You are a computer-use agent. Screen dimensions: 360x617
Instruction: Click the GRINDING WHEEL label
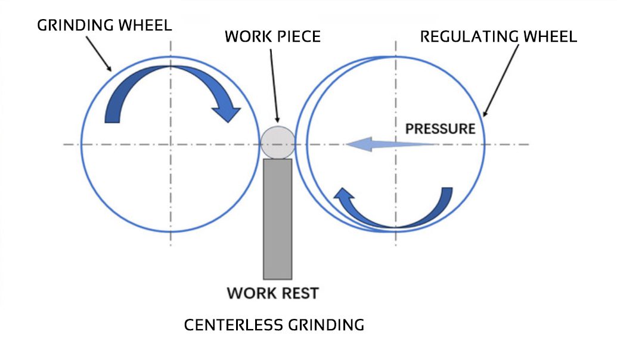click(104, 25)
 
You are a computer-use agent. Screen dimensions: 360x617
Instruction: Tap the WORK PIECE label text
click(272, 36)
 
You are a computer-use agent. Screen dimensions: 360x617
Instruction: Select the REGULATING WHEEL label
click(498, 36)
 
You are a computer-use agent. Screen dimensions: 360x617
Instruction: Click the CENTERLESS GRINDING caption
click(274, 325)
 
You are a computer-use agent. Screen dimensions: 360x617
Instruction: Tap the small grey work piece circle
click(277, 142)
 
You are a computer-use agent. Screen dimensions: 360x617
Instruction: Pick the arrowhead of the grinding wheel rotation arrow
click(229, 113)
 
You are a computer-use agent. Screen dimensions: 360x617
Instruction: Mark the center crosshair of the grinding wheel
click(170, 144)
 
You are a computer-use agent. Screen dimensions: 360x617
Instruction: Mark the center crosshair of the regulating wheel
click(395, 144)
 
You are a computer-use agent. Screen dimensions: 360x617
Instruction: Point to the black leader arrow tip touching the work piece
click(277, 123)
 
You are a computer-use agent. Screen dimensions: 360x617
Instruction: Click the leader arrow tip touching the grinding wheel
click(111, 70)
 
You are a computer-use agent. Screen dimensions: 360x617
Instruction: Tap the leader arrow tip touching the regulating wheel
click(483, 116)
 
